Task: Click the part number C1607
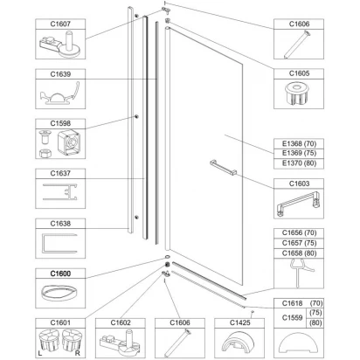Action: [x=60, y=24]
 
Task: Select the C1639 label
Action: [x=60, y=74]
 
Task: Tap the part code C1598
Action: [x=60, y=123]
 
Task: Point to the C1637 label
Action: [x=60, y=173]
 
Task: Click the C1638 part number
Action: [x=60, y=224]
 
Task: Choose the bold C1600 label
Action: [x=60, y=273]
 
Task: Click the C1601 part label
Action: [x=60, y=322]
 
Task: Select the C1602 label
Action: [x=121, y=322]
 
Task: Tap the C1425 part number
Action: [x=239, y=322]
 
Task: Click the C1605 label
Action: [x=299, y=73]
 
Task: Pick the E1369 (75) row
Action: [x=299, y=153]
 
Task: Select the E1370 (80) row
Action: [x=299, y=163]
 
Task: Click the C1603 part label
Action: [x=299, y=183]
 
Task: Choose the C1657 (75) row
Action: [x=299, y=243]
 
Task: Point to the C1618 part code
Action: [x=292, y=303]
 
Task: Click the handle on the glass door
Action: [x=224, y=168]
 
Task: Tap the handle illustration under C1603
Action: [x=298, y=204]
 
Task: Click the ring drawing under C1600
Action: [x=59, y=293]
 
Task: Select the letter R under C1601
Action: [x=77, y=353]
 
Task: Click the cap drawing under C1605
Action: [x=298, y=93]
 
